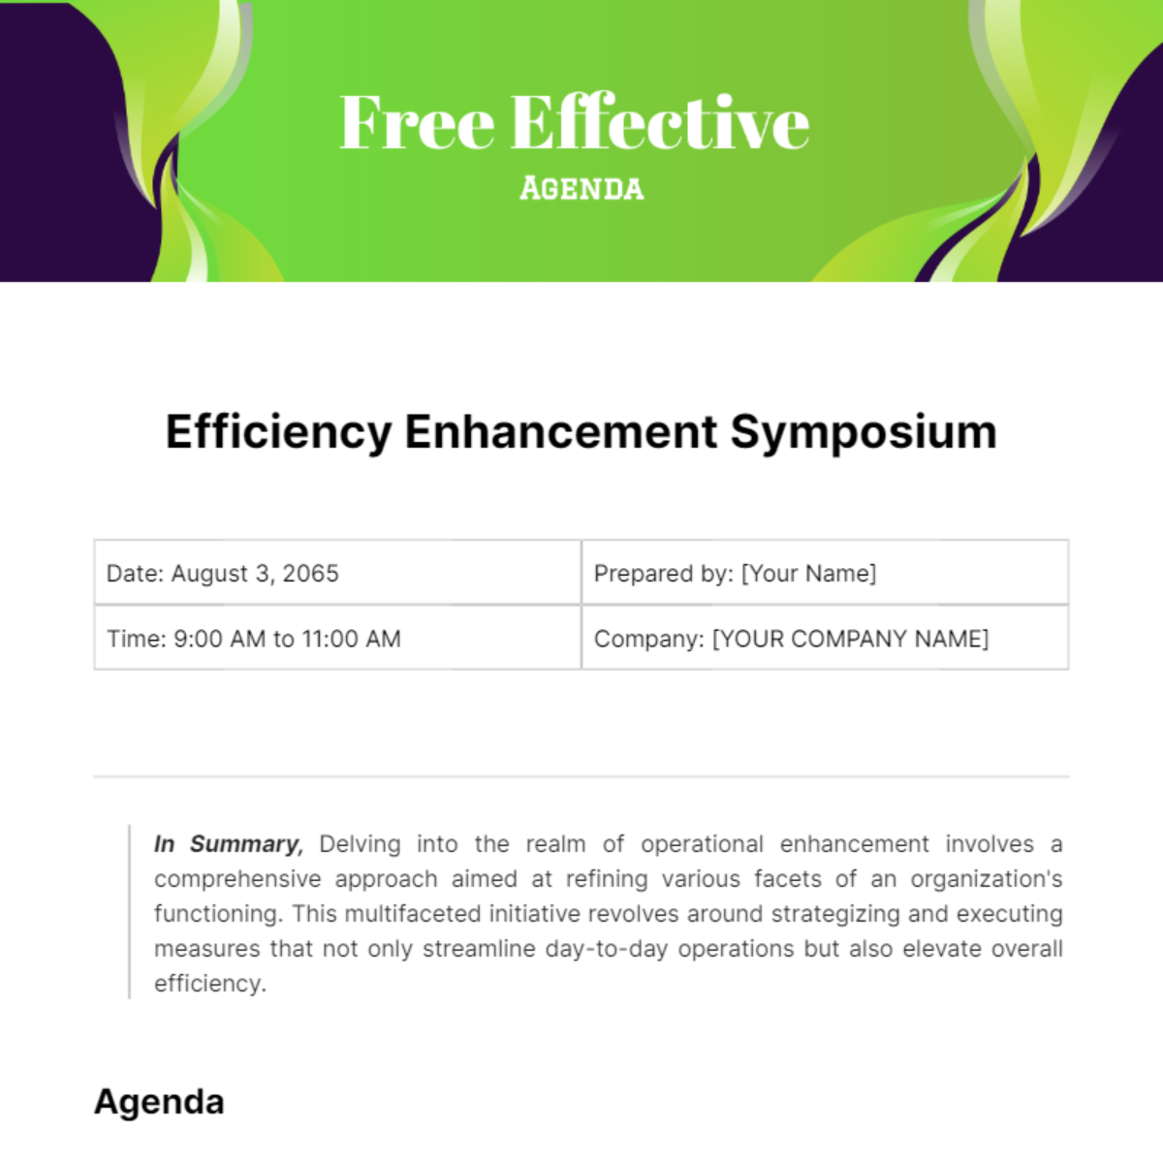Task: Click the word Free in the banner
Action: pyautogui.click(x=417, y=123)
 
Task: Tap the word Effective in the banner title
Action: pyautogui.click(x=659, y=123)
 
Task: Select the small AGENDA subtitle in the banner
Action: pyautogui.click(x=581, y=188)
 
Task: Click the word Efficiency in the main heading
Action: pyautogui.click(x=278, y=432)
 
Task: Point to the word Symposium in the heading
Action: pyautogui.click(x=864, y=432)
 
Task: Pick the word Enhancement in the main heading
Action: pyautogui.click(x=561, y=432)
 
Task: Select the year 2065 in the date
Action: pyautogui.click(x=310, y=574)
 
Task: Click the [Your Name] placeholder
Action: pyautogui.click(x=808, y=574)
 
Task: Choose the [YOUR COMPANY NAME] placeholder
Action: pyautogui.click(x=850, y=639)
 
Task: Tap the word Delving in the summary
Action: pyautogui.click(x=360, y=844)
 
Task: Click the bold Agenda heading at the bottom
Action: pyautogui.click(x=159, y=1102)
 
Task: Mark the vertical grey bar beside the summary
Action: pyautogui.click(x=129, y=912)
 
